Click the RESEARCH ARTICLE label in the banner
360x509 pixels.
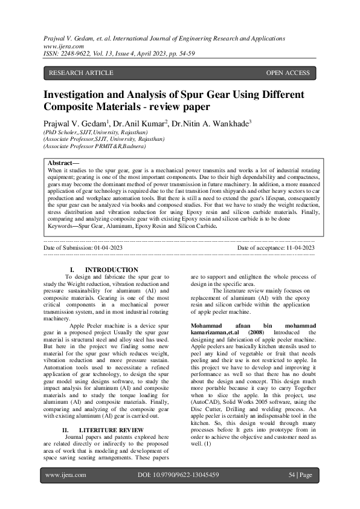[80, 73]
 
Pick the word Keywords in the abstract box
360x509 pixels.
[63, 225]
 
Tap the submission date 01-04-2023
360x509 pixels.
[108, 248]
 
